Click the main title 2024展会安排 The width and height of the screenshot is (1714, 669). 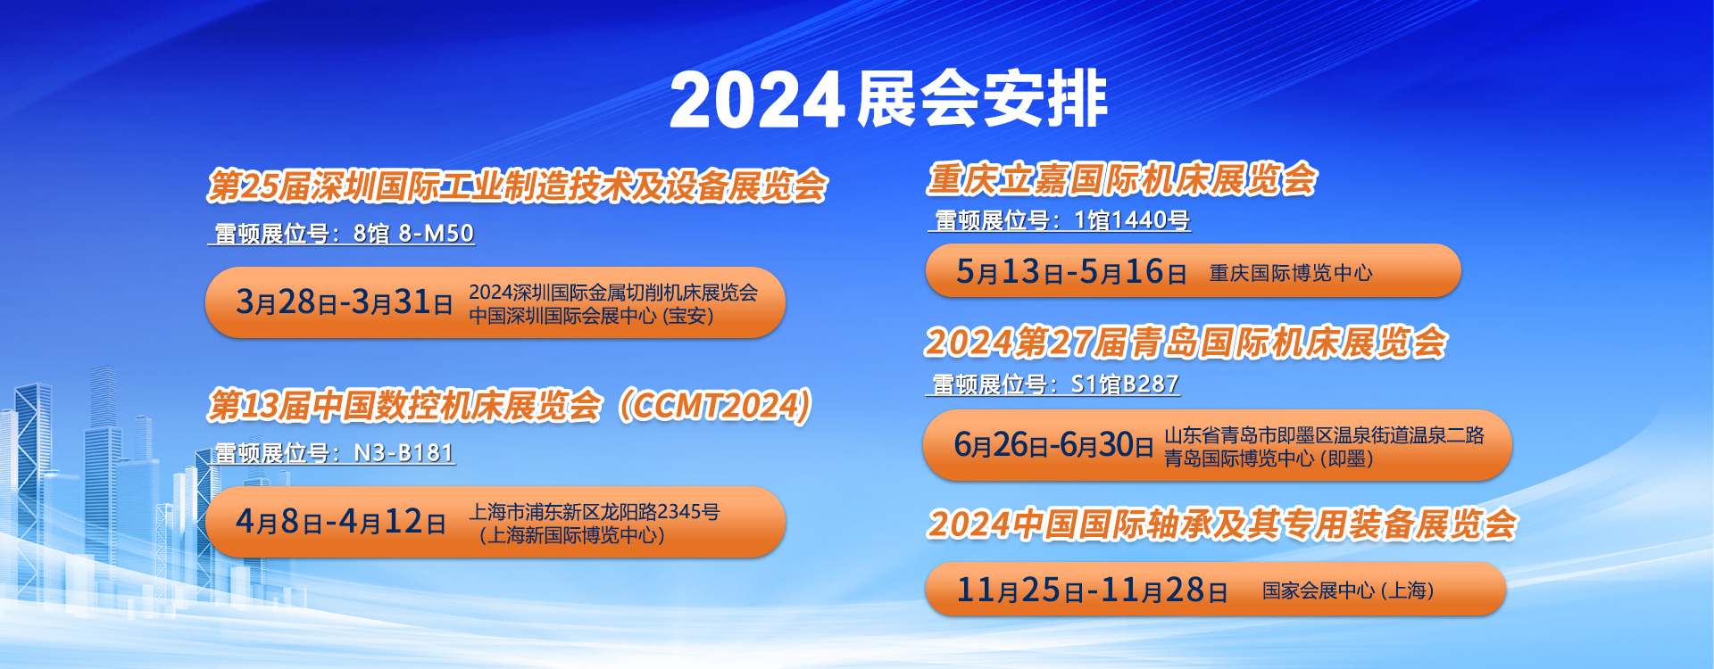tap(888, 98)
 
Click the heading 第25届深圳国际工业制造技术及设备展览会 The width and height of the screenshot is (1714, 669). tap(518, 186)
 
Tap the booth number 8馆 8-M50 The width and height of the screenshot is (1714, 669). tap(413, 234)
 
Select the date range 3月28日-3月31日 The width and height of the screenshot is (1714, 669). tap(345, 302)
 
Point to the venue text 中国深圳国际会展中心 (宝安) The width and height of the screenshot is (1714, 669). tap(591, 316)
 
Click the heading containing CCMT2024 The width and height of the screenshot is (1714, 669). tap(510, 406)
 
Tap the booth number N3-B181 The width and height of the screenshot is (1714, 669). tap(404, 453)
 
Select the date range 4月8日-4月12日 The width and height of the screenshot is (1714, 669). tap(341, 522)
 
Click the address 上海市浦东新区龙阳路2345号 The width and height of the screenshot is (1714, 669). tap(595, 512)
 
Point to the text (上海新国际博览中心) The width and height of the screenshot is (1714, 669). tap(571, 535)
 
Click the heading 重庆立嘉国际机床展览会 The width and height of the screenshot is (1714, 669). tap(1122, 179)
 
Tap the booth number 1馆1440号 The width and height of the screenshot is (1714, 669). tap(1132, 220)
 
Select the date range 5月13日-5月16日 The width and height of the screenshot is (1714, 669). tap(1071, 271)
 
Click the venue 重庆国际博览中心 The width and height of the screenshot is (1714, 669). tap(1291, 273)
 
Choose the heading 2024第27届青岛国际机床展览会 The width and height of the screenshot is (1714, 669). tap(1186, 343)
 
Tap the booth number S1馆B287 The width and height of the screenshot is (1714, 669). tap(1125, 384)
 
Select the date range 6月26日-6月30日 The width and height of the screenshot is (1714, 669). tap(1054, 444)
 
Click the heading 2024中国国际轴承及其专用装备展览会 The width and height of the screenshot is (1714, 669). tap(1222, 524)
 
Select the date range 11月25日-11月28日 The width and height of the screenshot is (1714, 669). tap(1092, 590)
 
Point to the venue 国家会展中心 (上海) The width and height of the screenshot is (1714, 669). tap(1348, 591)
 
